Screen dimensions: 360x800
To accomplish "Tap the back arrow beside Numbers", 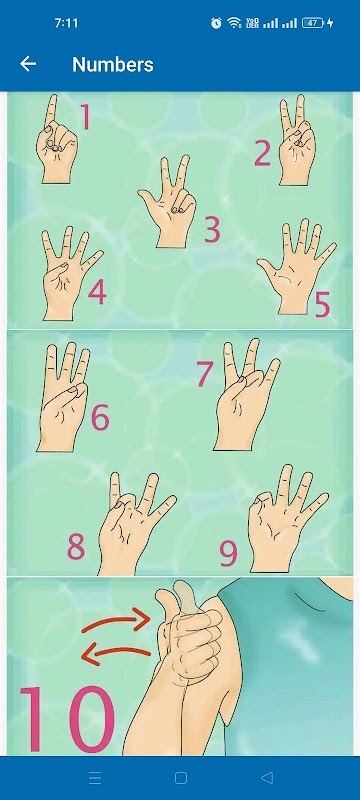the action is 28,64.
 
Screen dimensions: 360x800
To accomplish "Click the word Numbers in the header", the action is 113,64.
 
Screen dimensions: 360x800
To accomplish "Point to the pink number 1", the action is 85,117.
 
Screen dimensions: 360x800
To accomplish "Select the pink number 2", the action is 263,154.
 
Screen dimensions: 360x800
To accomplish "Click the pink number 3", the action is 212,230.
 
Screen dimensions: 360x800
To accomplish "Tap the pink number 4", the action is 97,292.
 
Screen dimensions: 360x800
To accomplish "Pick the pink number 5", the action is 322,305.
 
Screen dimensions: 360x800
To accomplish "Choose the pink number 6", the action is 100,418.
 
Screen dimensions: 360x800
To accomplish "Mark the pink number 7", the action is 204,373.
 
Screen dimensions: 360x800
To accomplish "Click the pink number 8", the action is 76,546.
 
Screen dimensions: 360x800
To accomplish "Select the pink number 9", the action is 228,554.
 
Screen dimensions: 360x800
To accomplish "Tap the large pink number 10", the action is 66,719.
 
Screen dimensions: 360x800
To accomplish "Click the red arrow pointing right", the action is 116,619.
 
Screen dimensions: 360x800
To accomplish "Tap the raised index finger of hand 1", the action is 52,113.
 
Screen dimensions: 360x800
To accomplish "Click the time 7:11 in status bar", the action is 66,23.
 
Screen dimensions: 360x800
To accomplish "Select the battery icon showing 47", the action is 314,23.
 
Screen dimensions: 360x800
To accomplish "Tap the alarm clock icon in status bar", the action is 216,23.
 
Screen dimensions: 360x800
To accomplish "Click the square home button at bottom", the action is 181,778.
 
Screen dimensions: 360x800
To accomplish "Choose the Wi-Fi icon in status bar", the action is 234,23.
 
